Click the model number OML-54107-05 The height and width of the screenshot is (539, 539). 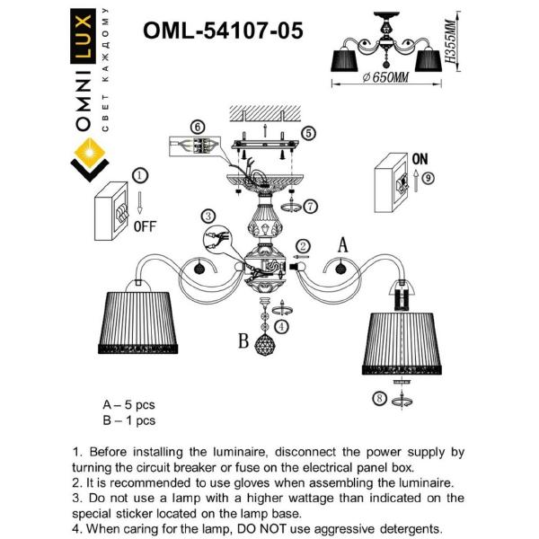[x=223, y=31]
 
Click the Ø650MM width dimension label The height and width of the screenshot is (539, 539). [x=384, y=79]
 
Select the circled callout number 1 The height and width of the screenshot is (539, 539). [x=140, y=176]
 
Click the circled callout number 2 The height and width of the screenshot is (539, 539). [x=304, y=246]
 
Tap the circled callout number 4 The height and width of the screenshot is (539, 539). [x=281, y=326]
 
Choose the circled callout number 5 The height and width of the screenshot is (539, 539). [x=308, y=134]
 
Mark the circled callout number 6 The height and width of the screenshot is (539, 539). [x=198, y=128]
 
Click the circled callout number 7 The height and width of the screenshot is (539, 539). [x=311, y=206]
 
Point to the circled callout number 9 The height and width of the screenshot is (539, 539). [x=428, y=178]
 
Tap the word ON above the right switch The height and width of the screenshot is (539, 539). [x=419, y=157]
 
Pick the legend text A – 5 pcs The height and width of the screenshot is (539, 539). [x=129, y=405]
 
